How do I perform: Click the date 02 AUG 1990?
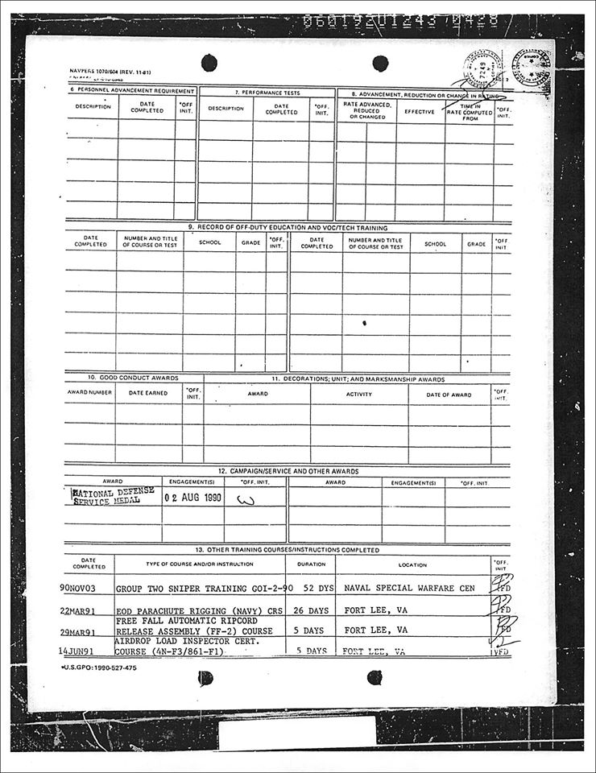tap(192, 498)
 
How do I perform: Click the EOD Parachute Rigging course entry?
tap(194, 610)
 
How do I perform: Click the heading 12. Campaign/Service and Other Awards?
tap(288, 471)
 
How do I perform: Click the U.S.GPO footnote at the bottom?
tap(99, 668)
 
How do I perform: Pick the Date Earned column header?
tap(148, 394)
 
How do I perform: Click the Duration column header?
tap(310, 565)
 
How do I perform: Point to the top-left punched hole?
tap(209, 62)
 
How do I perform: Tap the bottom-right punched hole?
tap(375, 677)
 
